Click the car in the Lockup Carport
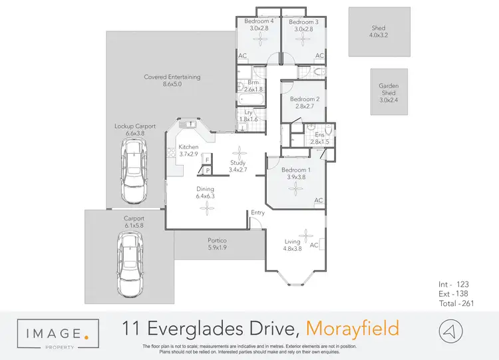(135, 175)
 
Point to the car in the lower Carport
(130, 262)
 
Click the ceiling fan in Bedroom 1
(294, 188)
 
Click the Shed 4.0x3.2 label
(378, 32)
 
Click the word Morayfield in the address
(353, 328)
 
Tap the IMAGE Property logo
(59, 332)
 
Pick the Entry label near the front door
(257, 213)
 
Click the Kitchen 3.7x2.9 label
(188, 150)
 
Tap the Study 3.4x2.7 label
(238, 166)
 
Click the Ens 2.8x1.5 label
(320, 138)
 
